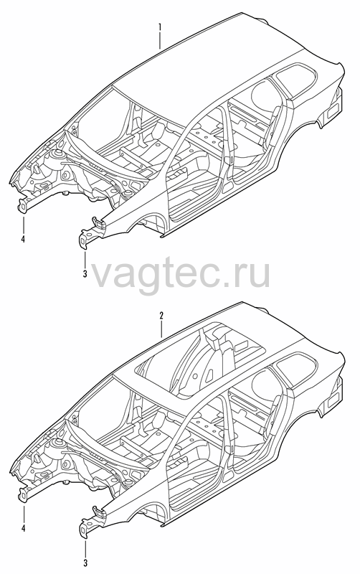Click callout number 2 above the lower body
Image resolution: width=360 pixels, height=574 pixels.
[x=161, y=316]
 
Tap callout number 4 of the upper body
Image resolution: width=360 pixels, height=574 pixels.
[x=24, y=240]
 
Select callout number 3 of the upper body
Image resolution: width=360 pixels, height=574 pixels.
[x=85, y=273]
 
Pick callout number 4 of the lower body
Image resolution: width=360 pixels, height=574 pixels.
[x=24, y=528]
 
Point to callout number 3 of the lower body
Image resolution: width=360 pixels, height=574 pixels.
[x=85, y=563]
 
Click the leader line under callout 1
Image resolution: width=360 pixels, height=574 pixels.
[x=160, y=40]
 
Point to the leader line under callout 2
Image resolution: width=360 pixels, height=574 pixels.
[x=161, y=329]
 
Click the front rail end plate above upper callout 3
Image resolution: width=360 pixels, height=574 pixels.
[x=84, y=239]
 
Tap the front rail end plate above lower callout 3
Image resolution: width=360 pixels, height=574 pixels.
[x=84, y=528]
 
